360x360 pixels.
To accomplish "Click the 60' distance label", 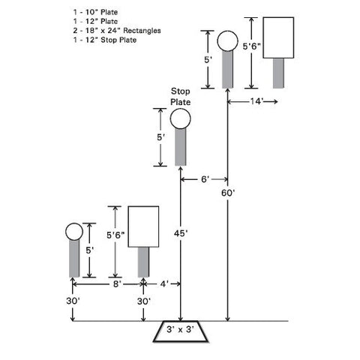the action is click(x=228, y=193).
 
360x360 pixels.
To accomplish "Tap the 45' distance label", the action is click(x=181, y=233).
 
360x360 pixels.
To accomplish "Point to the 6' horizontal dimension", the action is click(x=205, y=179).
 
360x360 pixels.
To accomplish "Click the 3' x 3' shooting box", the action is click(x=180, y=331).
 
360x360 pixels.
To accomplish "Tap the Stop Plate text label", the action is click(x=181, y=97).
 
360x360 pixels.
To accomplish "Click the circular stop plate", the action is click(x=180, y=118).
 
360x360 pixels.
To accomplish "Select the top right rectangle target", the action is click(x=278, y=37).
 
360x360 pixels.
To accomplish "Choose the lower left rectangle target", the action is click(x=143, y=226).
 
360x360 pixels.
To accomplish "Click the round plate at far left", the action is click(x=74, y=232).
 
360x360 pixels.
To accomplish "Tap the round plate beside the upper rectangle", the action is click(x=227, y=41).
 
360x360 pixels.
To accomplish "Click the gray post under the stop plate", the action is click(x=180, y=147).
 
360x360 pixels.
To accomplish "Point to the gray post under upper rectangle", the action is click(x=278, y=73).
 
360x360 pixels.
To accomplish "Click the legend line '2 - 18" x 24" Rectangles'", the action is click(x=117, y=31).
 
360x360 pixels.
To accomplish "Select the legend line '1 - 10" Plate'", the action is click(x=95, y=12).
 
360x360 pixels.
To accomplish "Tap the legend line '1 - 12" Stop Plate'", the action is click(x=105, y=40).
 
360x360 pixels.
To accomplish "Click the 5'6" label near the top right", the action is click(x=251, y=46).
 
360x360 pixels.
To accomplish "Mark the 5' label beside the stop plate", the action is click(x=160, y=137).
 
